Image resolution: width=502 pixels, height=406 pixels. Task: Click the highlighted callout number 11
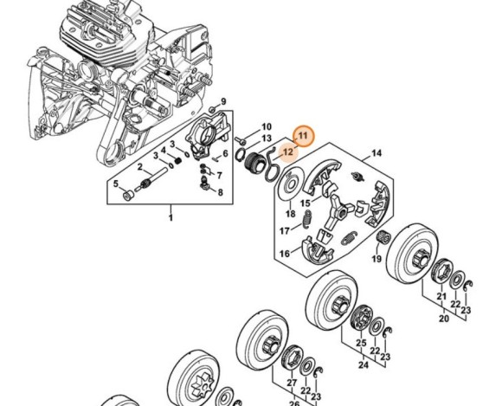click(x=303, y=135)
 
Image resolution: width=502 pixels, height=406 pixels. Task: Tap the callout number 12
click(x=288, y=151)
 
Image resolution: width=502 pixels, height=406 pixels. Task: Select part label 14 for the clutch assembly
click(x=376, y=154)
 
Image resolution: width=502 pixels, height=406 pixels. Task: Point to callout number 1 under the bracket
click(x=171, y=217)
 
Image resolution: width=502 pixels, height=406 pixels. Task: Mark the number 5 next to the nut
click(x=220, y=192)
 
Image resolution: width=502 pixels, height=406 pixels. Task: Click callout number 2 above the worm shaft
click(x=139, y=167)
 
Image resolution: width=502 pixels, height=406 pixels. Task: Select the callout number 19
click(x=376, y=259)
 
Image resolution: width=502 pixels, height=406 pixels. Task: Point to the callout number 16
click(x=283, y=254)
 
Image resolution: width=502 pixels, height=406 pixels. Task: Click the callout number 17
click(x=283, y=230)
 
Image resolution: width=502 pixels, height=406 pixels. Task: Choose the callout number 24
click(x=361, y=364)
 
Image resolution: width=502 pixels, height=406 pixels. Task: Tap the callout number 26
click(x=294, y=403)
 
